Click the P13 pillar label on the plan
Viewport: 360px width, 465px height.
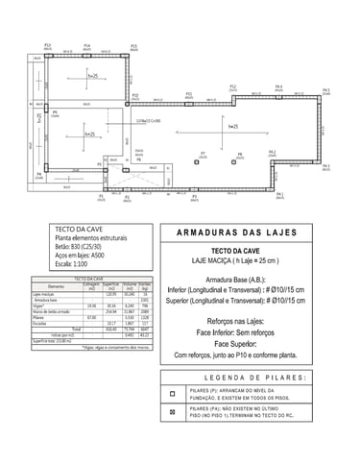[47, 44]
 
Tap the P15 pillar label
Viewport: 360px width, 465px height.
[133, 45]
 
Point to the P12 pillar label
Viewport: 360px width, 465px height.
[232, 86]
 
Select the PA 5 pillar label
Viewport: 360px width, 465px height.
[326, 89]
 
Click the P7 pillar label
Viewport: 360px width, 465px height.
[203, 153]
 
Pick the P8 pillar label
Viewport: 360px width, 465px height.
[240, 154]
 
